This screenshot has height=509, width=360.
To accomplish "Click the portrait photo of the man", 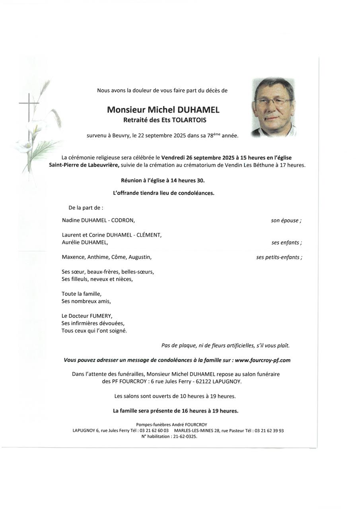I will coord(273,107).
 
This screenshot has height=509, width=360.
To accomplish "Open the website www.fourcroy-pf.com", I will coord(263,360).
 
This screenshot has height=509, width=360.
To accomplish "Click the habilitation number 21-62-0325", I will coord(186,436).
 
